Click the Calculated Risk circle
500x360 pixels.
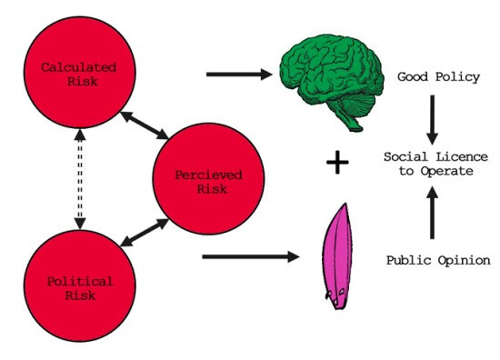click(80, 73)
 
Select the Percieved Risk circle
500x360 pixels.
click(208, 179)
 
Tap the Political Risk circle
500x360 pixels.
click(80, 285)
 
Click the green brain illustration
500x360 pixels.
click(332, 80)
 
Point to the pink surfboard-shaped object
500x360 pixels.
click(337, 256)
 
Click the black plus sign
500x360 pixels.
click(337, 163)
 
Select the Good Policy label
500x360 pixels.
click(438, 77)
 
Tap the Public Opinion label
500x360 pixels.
click(438, 261)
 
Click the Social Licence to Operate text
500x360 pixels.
click(435, 164)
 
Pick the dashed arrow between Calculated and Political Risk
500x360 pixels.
click(80, 179)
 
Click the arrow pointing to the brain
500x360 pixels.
click(239, 75)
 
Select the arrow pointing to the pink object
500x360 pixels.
click(251, 256)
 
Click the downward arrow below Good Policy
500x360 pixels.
click(433, 120)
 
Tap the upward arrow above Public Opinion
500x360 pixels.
click(433, 213)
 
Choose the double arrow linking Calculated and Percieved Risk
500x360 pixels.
click(145, 125)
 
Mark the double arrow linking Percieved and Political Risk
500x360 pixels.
click(145, 233)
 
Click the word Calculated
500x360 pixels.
click(78, 67)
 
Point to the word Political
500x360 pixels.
click(80, 282)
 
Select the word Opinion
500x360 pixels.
click(465, 261)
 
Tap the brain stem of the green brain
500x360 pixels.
click(350, 120)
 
